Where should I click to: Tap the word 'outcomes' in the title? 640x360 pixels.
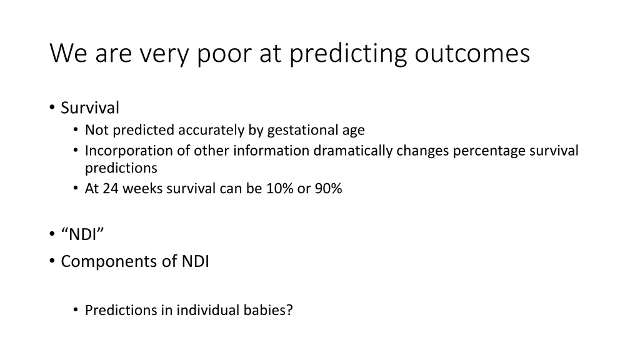click(x=472, y=54)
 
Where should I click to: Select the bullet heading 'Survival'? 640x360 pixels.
click(x=90, y=108)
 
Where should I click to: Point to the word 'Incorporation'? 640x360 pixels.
click(x=122, y=151)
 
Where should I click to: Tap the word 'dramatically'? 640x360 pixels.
click(x=352, y=151)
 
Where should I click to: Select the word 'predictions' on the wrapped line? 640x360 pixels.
click(x=121, y=167)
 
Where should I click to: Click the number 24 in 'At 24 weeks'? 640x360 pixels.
click(x=111, y=188)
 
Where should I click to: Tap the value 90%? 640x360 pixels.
click(x=328, y=188)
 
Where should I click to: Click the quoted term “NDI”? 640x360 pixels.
click(x=83, y=234)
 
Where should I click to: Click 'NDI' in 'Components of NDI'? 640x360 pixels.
click(x=196, y=261)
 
